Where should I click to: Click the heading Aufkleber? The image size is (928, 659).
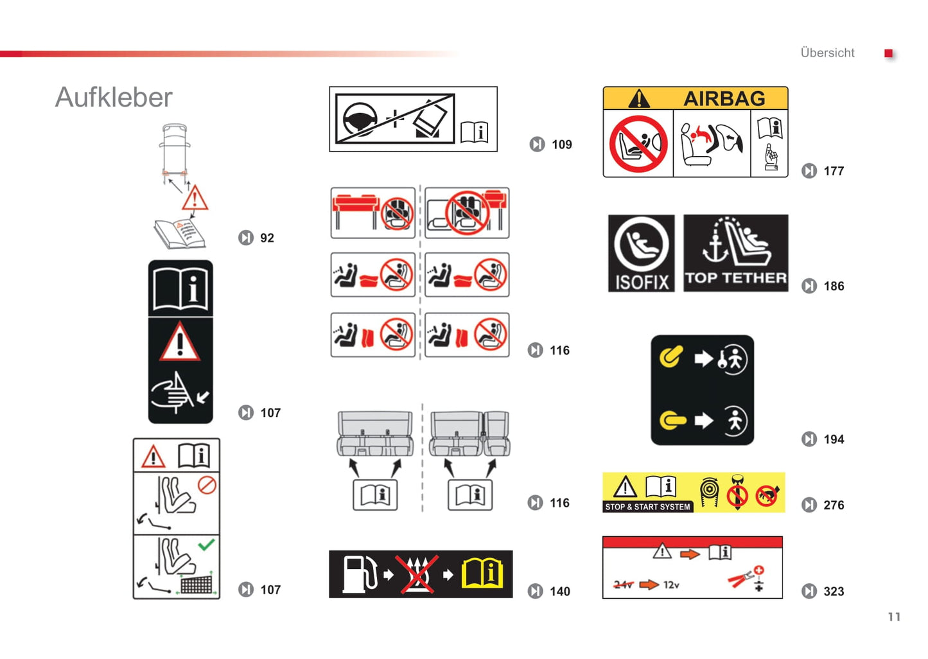pyautogui.click(x=114, y=98)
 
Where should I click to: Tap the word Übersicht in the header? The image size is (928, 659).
pyautogui.click(x=827, y=53)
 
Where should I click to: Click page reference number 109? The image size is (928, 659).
pyautogui.click(x=562, y=145)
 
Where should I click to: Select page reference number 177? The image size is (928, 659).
pyautogui.click(x=834, y=171)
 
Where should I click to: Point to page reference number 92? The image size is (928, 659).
pyautogui.click(x=267, y=238)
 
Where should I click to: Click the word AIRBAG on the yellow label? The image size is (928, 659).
pyautogui.click(x=724, y=99)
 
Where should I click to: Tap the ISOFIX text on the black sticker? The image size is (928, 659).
pyautogui.click(x=642, y=283)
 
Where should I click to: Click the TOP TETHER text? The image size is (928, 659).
pyautogui.click(x=736, y=277)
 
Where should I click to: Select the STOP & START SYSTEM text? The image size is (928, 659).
pyautogui.click(x=647, y=507)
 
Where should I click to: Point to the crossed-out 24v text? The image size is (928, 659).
pyautogui.click(x=623, y=584)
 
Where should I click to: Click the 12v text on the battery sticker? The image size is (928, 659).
pyautogui.click(x=671, y=584)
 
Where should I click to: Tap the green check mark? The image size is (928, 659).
pyautogui.click(x=206, y=544)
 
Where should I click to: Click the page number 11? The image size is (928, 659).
pyautogui.click(x=894, y=617)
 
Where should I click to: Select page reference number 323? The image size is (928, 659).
pyautogui.click(x=834, y=591)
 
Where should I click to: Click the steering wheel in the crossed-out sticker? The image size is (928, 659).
pyautogui.click(x=360, y=119)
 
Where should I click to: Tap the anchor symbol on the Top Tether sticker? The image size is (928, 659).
pyautogui.click(x=715, y=246)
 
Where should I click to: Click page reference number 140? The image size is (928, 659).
pyautogui.click(x=560, y=592)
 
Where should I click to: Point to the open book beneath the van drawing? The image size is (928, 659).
pyautogui.click(x=179, y=234)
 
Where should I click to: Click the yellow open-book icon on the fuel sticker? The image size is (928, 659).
pyautogui.click(x=482, y=574)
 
